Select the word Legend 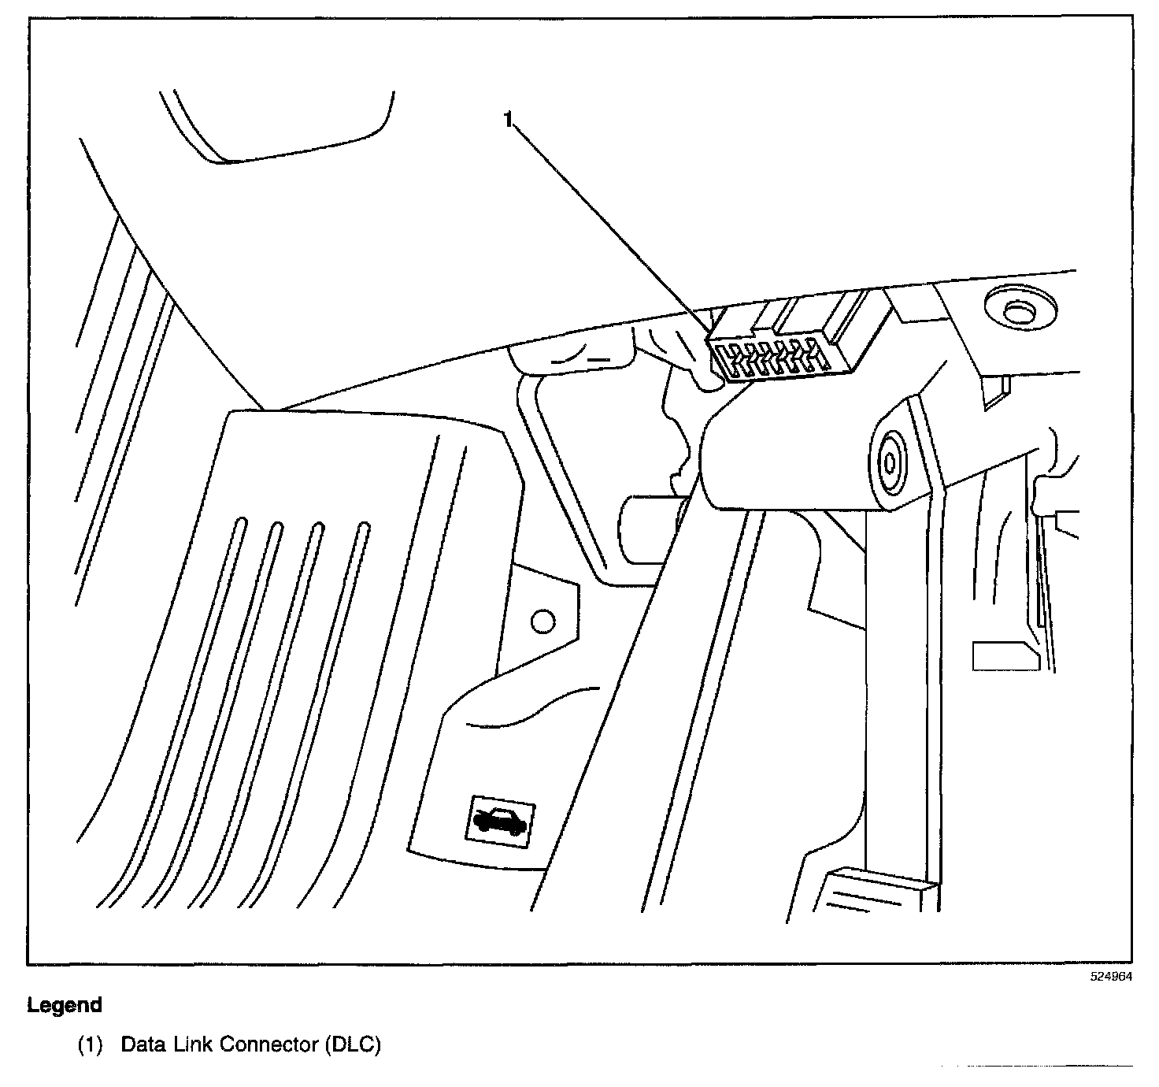[x=65, y=1005]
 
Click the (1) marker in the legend [x=90, y=1045]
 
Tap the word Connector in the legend [x=268, y=1045]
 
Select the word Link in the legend [x=191, y=1045]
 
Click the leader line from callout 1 [x=614, y=228]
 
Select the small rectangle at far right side [x=1004, y=655]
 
